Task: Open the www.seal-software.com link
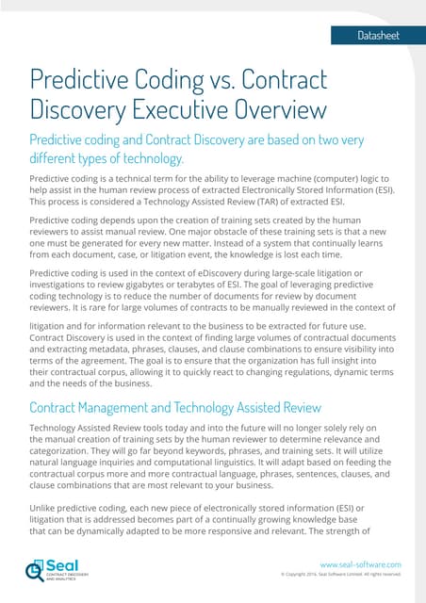[x=362, y=563]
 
